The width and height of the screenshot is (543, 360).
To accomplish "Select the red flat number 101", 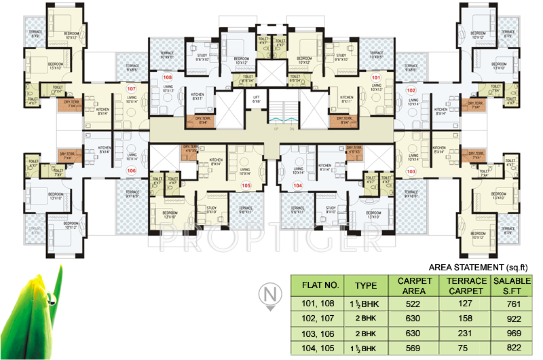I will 375,77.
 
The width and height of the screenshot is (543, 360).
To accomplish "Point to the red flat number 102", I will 411,90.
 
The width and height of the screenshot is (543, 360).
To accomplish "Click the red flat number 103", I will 411,172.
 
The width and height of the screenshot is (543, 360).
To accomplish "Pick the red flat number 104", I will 297,185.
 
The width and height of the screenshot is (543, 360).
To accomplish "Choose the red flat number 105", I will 246,185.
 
